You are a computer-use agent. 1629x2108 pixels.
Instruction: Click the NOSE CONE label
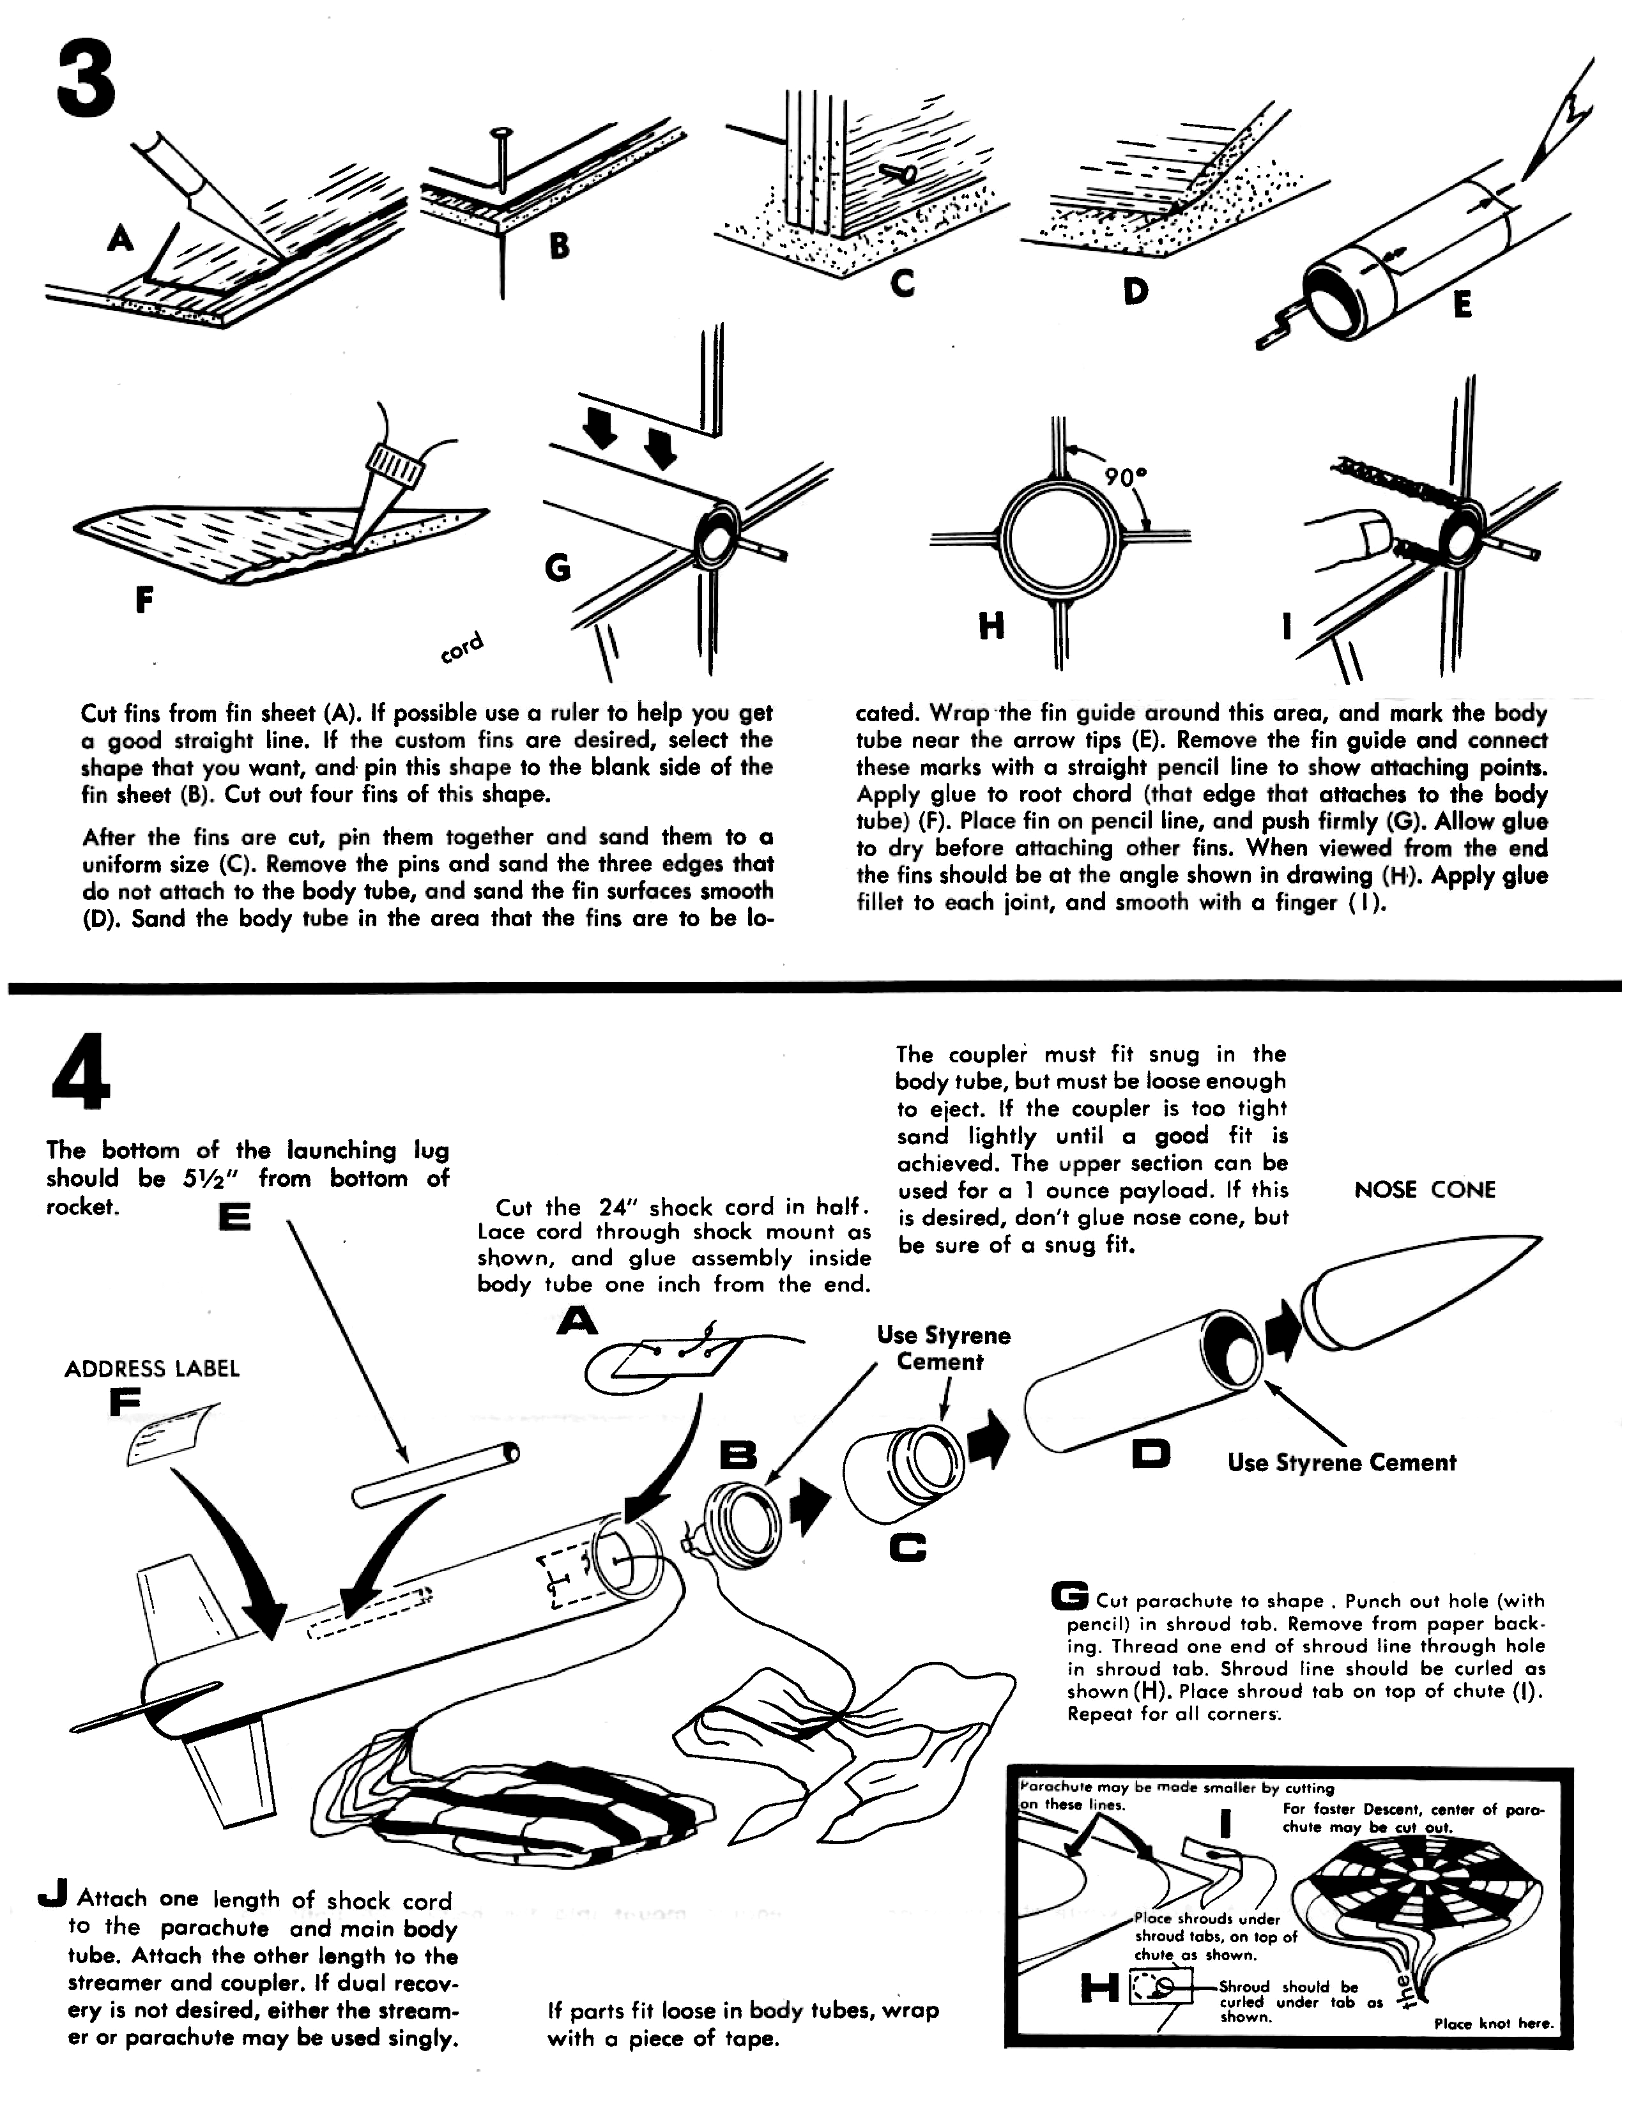click(x=1425, y=1190)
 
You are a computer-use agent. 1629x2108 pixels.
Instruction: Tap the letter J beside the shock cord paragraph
click(x=52, y=1896)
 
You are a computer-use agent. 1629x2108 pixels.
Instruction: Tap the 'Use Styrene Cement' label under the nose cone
click(x=1342, y=1462)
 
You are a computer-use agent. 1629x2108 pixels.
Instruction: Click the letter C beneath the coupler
click(x=907, y=1549)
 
